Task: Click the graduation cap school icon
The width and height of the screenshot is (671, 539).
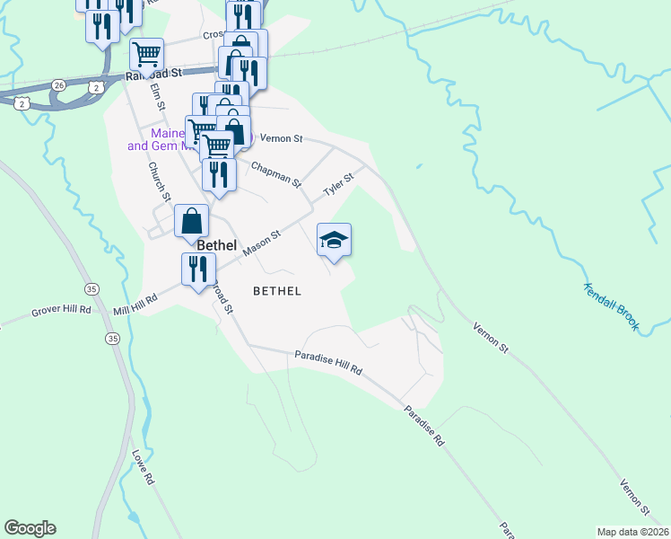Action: (x=334, y=240)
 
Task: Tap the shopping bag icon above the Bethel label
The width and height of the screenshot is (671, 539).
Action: (x=192, y=221)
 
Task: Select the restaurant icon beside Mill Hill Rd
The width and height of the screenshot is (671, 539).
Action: (x=197, y=269)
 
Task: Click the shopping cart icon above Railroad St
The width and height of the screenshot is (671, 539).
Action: (x=145, y=53)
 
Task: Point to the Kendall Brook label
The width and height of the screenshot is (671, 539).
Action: (x=611, y=307)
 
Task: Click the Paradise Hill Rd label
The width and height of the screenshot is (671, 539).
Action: (x=327, y=363)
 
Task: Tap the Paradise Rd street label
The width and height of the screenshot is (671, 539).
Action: (x=423, y=426)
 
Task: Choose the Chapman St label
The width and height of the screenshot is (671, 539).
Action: (x=276, y=174)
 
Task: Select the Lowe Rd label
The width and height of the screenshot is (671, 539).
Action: (x=144, y=468)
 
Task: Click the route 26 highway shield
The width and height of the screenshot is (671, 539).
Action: (x=58, y=84)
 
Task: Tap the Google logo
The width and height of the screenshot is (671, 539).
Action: (x=30, y=528)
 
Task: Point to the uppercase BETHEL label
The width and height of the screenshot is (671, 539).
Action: (x=276, y=291)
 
